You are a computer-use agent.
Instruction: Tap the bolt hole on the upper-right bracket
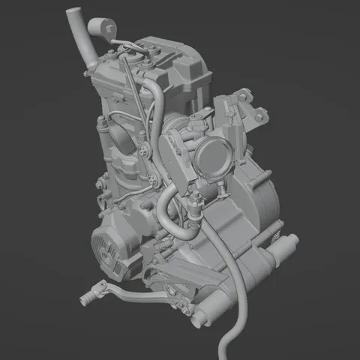pyautogui.click(x=260, y=116)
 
